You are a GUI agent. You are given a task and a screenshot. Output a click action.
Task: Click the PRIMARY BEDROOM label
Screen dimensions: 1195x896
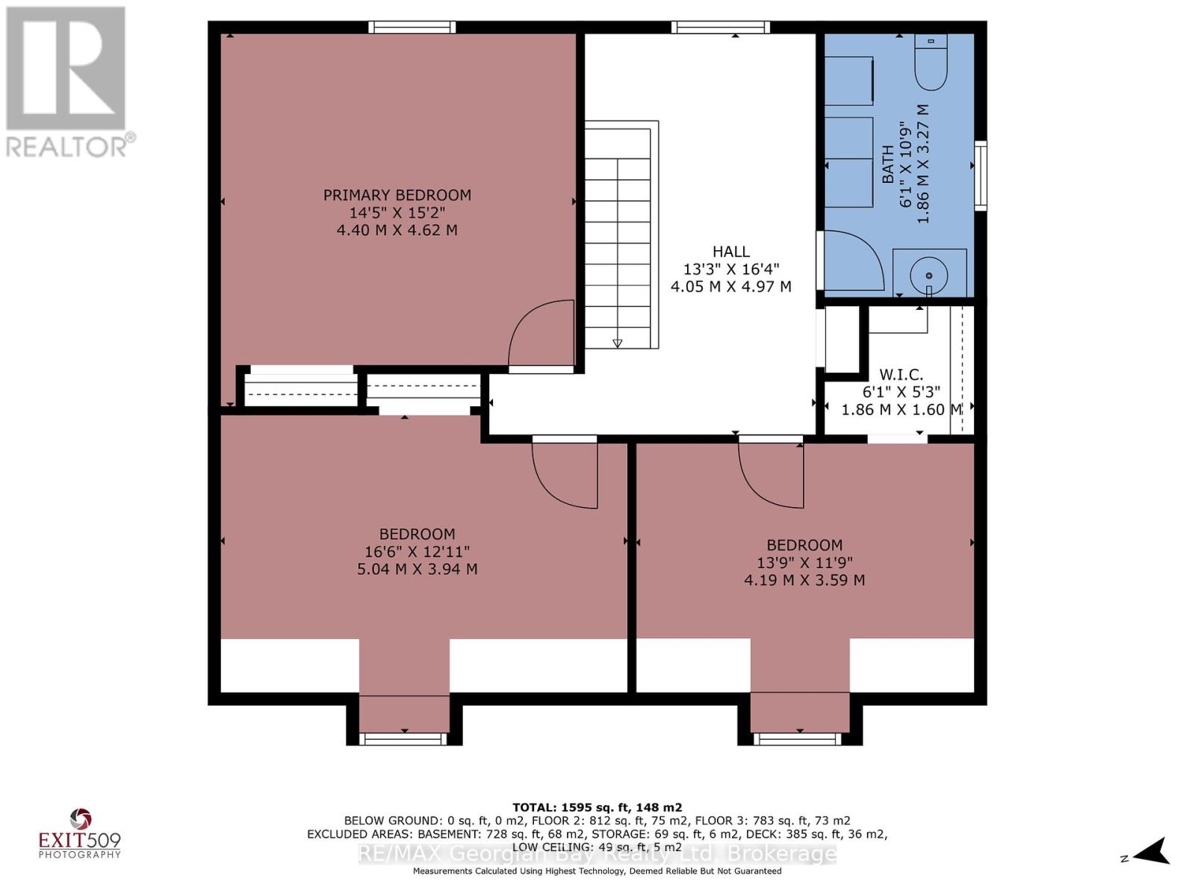tap(397, 195)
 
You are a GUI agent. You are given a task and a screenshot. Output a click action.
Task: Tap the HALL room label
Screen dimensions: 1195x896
tap(730, 252)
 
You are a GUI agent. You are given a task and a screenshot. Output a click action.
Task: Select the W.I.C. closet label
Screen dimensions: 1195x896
tap(901, 374)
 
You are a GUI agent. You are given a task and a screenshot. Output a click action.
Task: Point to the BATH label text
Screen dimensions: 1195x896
tap(887, 164)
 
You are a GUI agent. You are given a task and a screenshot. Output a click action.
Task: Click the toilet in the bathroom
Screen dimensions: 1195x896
tap(931, 61)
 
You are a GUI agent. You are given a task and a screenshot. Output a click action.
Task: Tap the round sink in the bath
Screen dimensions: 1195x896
tap(929, 276)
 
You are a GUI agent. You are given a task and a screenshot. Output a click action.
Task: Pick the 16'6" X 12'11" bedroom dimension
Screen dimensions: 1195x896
tap(417, 551)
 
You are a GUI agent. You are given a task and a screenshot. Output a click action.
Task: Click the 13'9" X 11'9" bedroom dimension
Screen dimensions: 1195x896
tap(804, 562)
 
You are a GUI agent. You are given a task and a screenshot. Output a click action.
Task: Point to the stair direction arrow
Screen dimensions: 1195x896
tap(618, 343)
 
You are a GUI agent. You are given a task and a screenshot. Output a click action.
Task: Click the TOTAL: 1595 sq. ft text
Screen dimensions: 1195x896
tap(597, 808)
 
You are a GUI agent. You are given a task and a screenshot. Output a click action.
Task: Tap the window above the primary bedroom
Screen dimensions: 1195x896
tap(412, 27)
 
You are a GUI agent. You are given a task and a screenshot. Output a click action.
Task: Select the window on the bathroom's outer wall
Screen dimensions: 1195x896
tap(980, 175)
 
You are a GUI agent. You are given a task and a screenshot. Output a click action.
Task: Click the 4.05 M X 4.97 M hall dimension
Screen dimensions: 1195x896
tap(730, 286)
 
